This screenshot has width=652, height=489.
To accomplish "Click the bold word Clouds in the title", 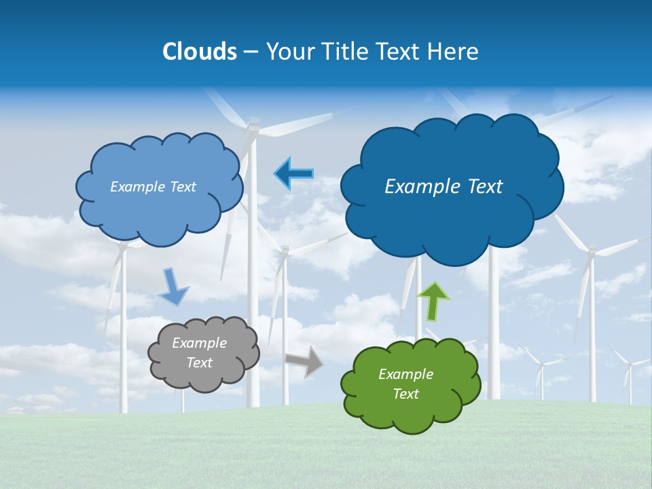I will tap(200, 52).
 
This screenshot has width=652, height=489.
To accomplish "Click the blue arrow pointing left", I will tap(293, 174).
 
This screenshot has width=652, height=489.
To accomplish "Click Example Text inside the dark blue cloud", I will tap(443, 186).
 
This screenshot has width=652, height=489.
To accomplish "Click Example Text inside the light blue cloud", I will tap(153, 187).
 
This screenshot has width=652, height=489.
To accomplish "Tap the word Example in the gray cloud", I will tap(199, 343).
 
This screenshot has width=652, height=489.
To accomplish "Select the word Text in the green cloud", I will tap(405, 394).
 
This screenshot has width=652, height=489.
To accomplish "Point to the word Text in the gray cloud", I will tap(199, 363).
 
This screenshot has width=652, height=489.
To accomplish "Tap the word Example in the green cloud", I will tap(405, 374).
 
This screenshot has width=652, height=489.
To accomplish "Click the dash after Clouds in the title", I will tap(251, 52).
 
